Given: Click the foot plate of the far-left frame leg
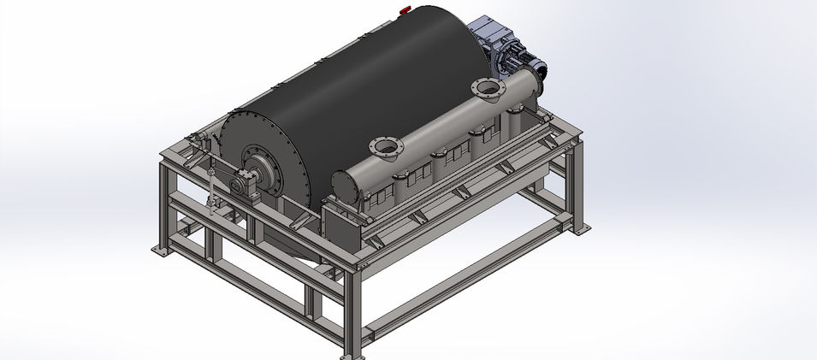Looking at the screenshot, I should (159, 250).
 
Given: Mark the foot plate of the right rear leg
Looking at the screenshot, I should (581, 229).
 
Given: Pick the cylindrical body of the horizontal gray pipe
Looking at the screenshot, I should (436, 128).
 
